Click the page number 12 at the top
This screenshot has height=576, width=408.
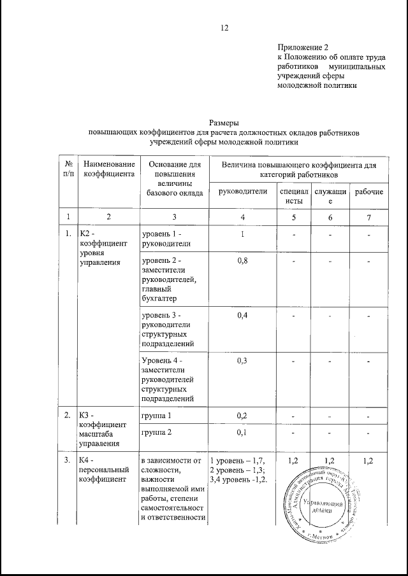tap(224, 28)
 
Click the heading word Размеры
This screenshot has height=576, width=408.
tap(224, 123)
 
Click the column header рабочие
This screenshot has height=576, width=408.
tap(369, 192)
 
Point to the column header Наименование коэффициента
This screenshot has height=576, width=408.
tap(108, 169)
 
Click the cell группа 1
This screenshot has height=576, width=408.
tap(157, 416)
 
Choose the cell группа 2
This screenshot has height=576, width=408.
tap(157, 433)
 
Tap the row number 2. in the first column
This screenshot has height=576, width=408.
tap(66, 415)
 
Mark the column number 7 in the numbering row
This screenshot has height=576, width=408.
tap(369, 216)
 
